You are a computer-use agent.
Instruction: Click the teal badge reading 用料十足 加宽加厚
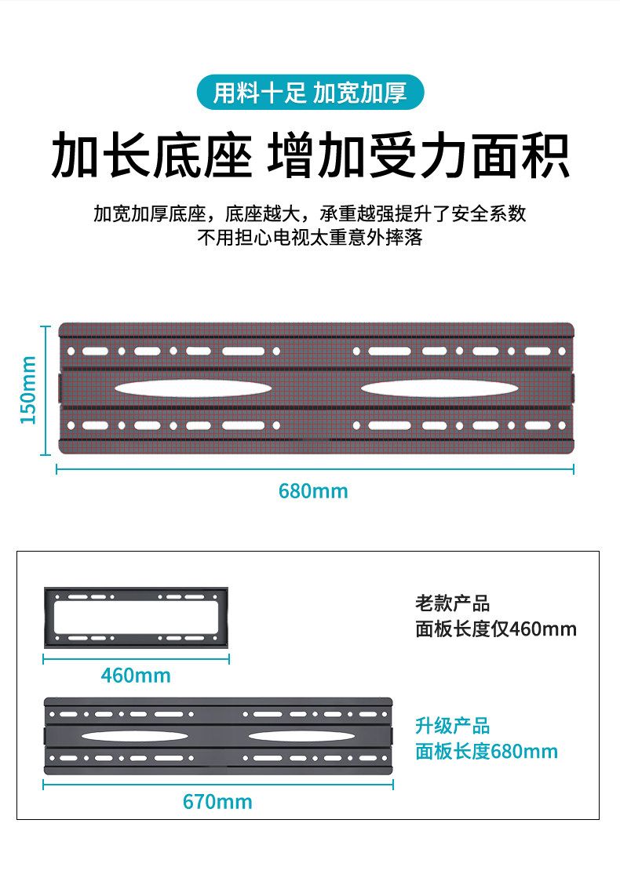point(310,93)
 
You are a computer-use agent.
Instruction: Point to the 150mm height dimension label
point(28,389)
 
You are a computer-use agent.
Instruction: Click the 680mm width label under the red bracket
point(313,492)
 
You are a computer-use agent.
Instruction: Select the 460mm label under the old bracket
point(136,675)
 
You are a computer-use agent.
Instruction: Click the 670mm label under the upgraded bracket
point(217,801)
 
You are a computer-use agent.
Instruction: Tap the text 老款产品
point(452,603)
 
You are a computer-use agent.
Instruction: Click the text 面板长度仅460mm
point(496,629)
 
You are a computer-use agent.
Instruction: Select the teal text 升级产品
point(452,726)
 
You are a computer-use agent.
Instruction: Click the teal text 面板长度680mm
point(487,752)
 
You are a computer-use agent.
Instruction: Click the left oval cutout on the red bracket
point(193,388)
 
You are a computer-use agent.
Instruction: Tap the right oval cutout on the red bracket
point(436,388)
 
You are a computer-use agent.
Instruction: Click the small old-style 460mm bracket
point(137,617)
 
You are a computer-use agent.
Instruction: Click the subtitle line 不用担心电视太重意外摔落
point(310,238)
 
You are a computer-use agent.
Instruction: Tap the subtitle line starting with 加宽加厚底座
point(310,213)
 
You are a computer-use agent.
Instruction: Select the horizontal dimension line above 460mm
point(136,660)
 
